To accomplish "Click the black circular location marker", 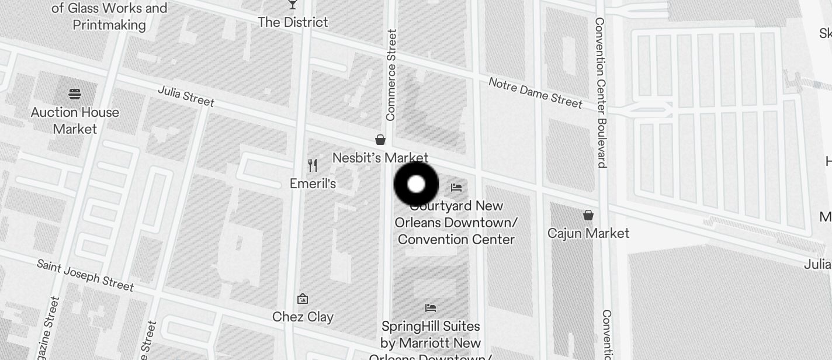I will (x=416, y=185).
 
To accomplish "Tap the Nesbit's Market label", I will (x=380, y=158).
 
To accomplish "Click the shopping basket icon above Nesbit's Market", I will (x=380, y=140).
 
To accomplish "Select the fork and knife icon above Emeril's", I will (x=313, y=165).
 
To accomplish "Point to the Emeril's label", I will (x=313, y=184).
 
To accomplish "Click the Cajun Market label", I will (x=588, y=233).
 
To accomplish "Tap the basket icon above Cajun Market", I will (x=588, y=215).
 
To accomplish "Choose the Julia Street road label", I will (x=186, y=96).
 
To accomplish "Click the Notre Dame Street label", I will (x=535, y=93).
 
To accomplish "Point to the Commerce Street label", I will (x=391, y=75).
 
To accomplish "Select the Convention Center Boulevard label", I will (x=600, y=92).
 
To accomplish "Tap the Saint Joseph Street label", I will (x=85, y=275).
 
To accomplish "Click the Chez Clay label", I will (x=303, y=317).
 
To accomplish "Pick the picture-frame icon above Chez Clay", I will (x=303, y=299).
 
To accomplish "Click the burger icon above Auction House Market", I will (x=75, y=94).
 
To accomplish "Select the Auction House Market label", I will (x=75, y=120).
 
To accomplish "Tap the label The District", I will (x=293, y=22).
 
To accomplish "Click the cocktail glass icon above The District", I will (x=293, y=5).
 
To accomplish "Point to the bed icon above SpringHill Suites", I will (x=431, y=308).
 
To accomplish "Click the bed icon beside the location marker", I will (x=456, y=188).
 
